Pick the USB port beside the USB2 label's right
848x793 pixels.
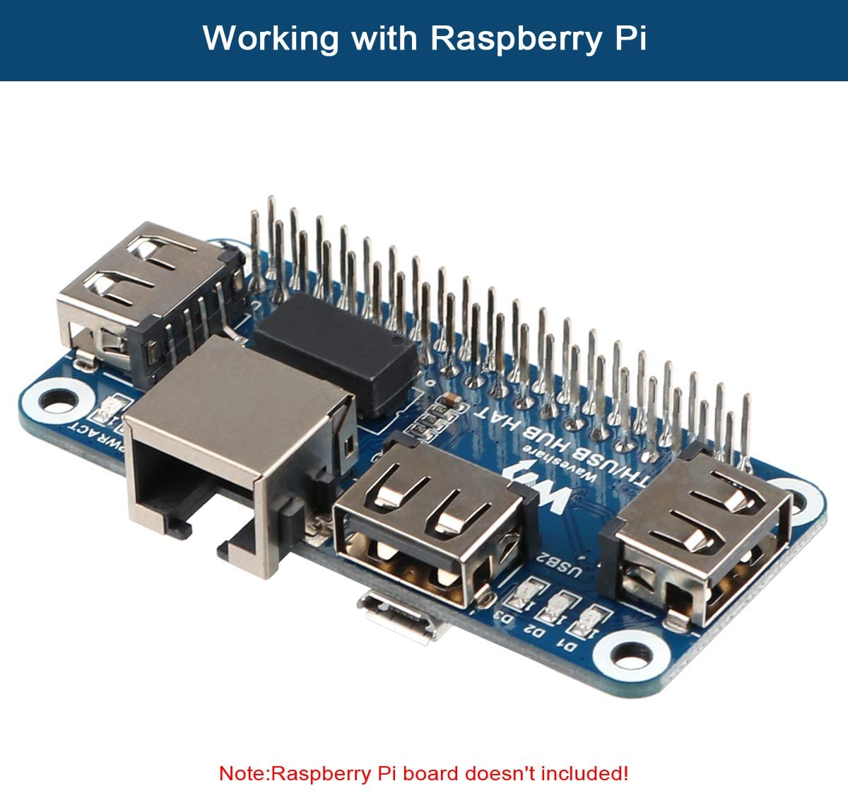[x=696, y=544]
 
